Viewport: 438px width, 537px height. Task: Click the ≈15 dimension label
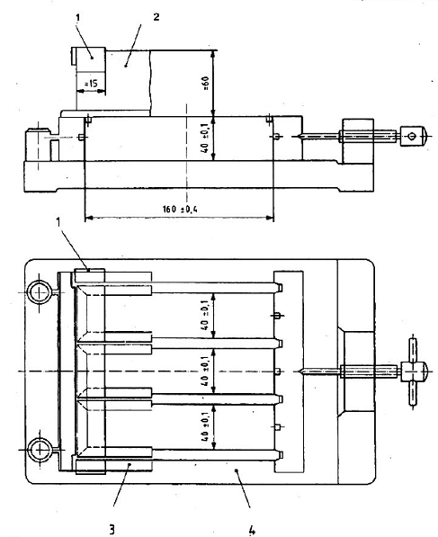(x=91, y=84)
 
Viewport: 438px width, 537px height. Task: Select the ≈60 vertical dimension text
(x=205, y=84)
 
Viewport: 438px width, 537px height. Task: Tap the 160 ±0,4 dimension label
(x=180, y=209)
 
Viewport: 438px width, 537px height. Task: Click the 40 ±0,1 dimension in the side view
(x=205, y=138)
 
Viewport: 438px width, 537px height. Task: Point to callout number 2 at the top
(x=156, y=17)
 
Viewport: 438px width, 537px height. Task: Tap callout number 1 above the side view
(x=77, y=18)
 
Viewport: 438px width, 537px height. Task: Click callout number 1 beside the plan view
(x=58, y=222)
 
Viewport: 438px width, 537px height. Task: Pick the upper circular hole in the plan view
(x=40, y=293)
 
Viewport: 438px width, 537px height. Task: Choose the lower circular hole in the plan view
(x=40, y=449)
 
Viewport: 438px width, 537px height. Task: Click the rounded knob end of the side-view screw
(x=425, y=137)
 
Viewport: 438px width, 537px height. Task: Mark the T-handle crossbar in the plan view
(x=413, y=371)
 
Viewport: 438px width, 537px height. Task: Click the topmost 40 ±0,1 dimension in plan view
(x=205, y=315)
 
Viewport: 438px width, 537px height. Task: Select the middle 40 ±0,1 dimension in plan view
(x=205, y=371)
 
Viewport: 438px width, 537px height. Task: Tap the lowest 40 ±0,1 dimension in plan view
(x=205, y=426)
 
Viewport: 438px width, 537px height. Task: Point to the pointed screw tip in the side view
(x=299, y=137)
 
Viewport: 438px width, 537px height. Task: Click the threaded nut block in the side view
(x=358, y=140)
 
